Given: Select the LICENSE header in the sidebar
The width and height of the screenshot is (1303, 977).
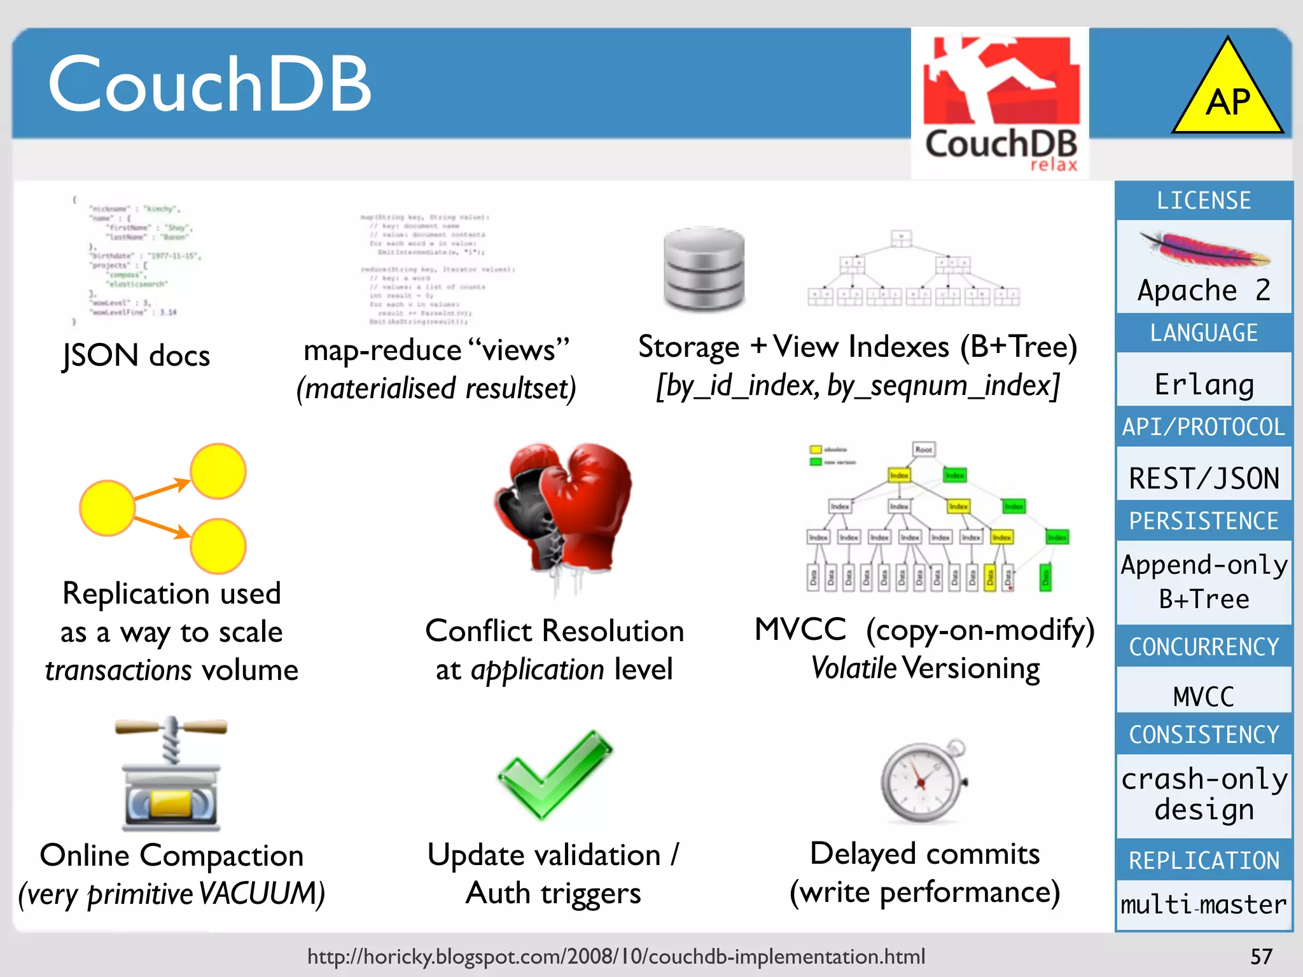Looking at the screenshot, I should (x=1204, y=201).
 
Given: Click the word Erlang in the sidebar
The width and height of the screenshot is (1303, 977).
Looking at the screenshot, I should (x=1204, y=384).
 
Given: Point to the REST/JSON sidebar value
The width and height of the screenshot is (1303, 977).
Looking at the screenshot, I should (x=1204, y=478).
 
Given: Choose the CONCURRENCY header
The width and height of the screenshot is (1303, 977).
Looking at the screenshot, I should (x=1204, y=647).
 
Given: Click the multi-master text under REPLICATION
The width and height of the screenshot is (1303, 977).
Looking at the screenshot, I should (x=1204, y=904).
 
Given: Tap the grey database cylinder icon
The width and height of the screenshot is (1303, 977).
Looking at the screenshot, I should (x=704, y=269).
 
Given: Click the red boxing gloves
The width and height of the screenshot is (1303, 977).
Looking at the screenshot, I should (x=563, y=509).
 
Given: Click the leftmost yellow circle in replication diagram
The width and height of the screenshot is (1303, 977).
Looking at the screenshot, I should (x=107, y=508).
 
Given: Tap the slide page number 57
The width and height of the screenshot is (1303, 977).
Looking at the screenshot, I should (x=1261, y=956).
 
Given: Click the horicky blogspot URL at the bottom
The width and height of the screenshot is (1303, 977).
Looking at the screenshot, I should (x=616, y=956).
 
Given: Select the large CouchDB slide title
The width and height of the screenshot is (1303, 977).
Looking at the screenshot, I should (x=210, y=83).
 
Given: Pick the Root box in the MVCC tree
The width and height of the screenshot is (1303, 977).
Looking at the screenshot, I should (x=924, y=450).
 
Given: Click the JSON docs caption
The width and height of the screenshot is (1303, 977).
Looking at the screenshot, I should (x=136, y=355).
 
